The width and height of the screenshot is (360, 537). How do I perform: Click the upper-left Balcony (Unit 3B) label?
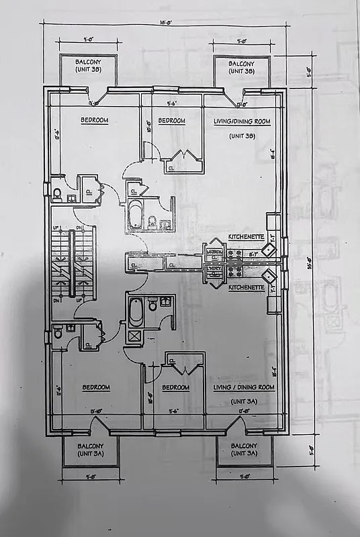pos(88,66)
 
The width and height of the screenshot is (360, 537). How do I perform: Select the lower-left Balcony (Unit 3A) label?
pos(91,449)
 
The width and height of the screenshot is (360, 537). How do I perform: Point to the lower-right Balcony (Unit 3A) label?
pos(244,449)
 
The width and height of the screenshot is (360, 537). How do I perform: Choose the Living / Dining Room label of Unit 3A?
pos(242,387)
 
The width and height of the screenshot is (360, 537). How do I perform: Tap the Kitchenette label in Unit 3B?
pos(246,238)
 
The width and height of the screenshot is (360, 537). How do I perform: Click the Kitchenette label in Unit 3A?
pos(246,287)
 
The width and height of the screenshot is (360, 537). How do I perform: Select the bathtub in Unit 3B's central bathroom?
pos(135,214)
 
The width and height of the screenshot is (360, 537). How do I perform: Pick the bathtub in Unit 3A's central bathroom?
pos(136,311)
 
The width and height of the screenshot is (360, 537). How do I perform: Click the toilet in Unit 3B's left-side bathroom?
pos(58,195)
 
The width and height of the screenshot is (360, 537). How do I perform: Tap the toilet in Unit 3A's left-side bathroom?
pos(58,332)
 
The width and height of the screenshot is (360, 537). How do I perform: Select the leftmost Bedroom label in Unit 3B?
pos(95,121)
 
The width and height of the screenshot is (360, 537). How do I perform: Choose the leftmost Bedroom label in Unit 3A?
pos(96,387)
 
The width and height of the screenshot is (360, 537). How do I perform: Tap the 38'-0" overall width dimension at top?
pos(165,22)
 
